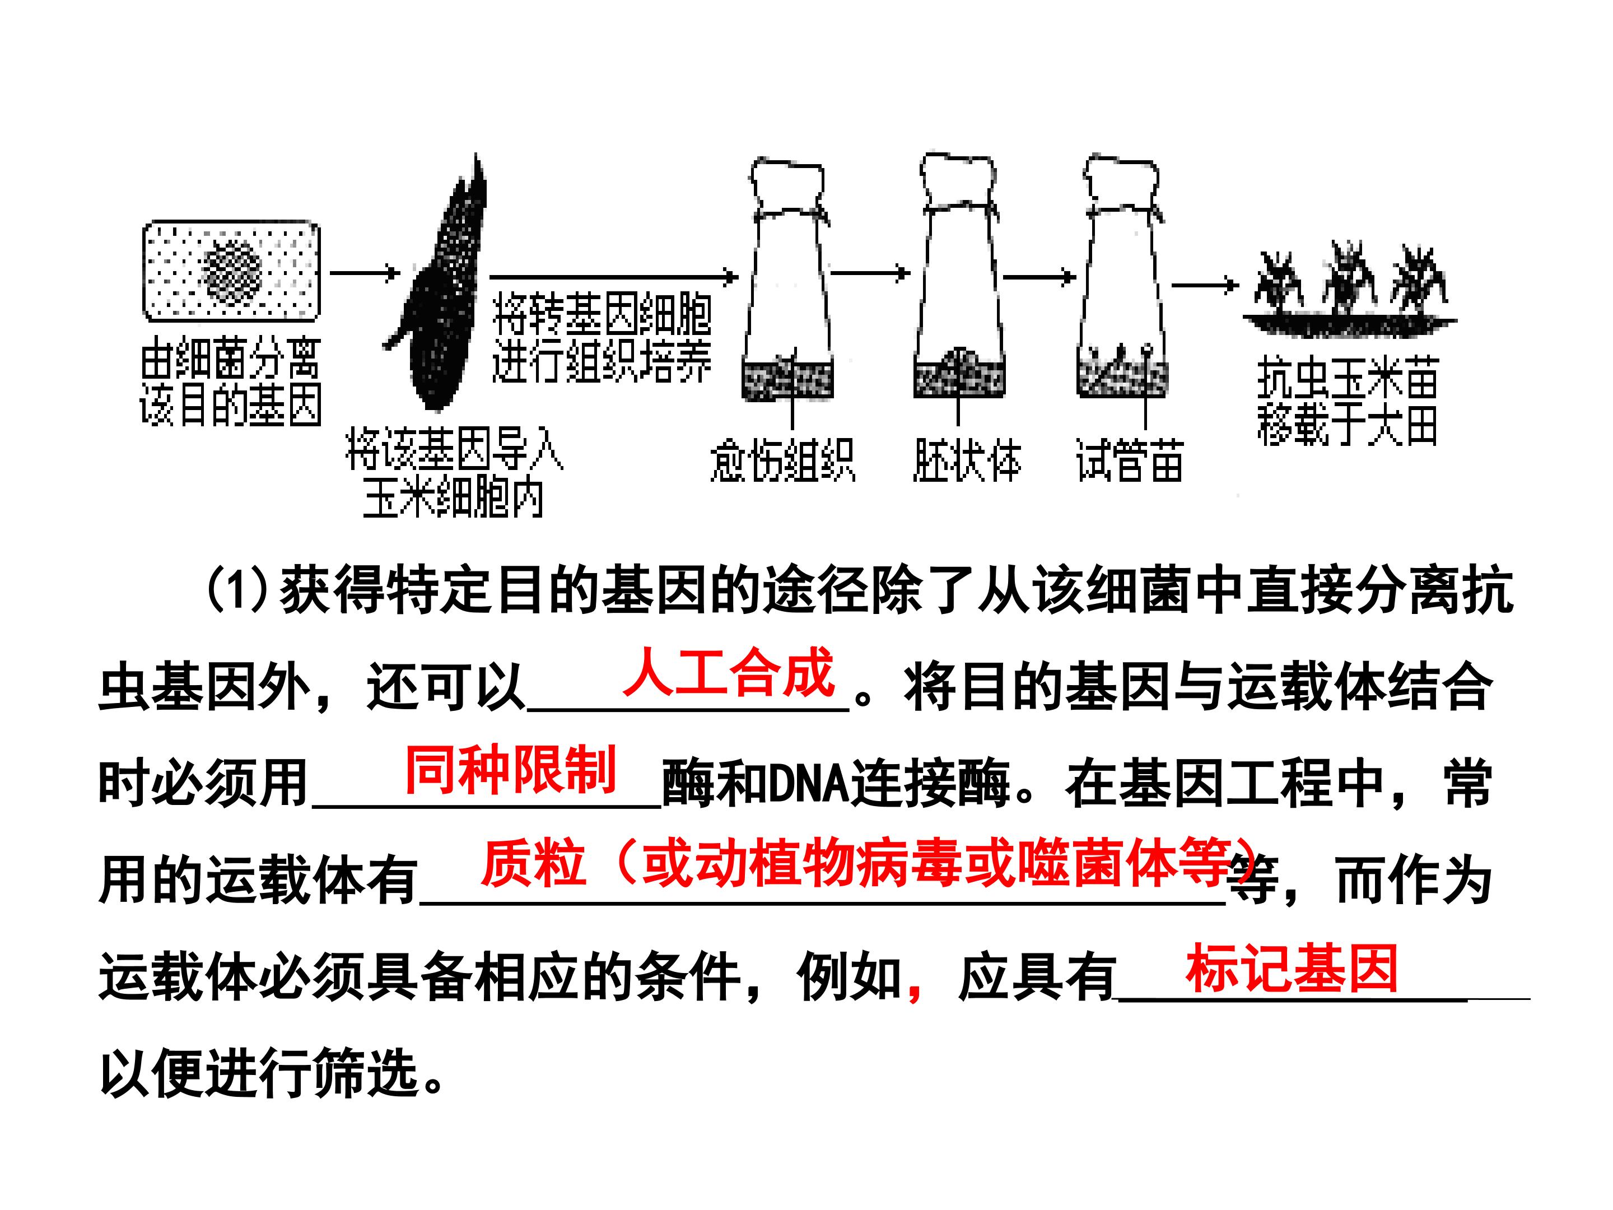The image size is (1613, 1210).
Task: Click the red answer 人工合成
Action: coord(728,672)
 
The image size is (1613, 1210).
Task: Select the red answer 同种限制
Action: coord(510,770)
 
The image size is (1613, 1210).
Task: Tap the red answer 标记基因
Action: coord(1291,969)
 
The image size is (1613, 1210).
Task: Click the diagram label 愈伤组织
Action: coord(782,460)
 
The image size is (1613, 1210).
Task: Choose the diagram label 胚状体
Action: coord(967,460)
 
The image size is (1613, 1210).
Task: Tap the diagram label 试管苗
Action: coord(1129,460)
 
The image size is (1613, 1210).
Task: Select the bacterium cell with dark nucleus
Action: coord(231,271)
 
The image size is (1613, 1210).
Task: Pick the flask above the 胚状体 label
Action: coord(958,276)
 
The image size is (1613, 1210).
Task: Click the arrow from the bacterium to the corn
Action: coord(365,273)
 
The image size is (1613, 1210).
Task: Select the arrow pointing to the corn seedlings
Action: coord(1205,285)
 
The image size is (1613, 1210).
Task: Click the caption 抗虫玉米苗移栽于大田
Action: coord(1347,401)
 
